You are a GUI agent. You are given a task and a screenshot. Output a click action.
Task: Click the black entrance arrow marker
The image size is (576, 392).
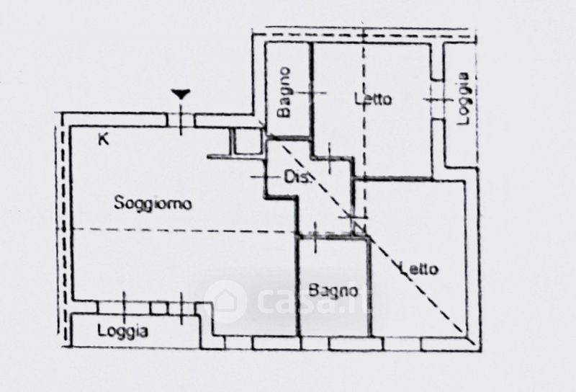[181, 94]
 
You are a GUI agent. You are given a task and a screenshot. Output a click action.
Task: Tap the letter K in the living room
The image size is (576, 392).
[104, 140]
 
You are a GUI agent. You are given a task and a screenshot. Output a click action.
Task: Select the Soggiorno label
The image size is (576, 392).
[153, 204]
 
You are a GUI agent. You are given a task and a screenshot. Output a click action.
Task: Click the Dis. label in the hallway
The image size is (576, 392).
[297, 177]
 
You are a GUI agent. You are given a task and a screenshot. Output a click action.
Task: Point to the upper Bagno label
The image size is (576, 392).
[285, 92]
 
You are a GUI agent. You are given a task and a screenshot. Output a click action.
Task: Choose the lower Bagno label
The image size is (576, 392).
[333, 290]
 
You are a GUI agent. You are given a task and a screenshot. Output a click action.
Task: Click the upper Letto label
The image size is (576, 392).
[373, 99]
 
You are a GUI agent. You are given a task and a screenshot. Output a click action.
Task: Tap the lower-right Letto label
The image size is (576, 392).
[418, 269]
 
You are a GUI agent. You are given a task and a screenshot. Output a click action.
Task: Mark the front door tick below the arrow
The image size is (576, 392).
[181, 119]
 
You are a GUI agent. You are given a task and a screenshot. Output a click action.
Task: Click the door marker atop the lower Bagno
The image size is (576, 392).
[315, 232]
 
